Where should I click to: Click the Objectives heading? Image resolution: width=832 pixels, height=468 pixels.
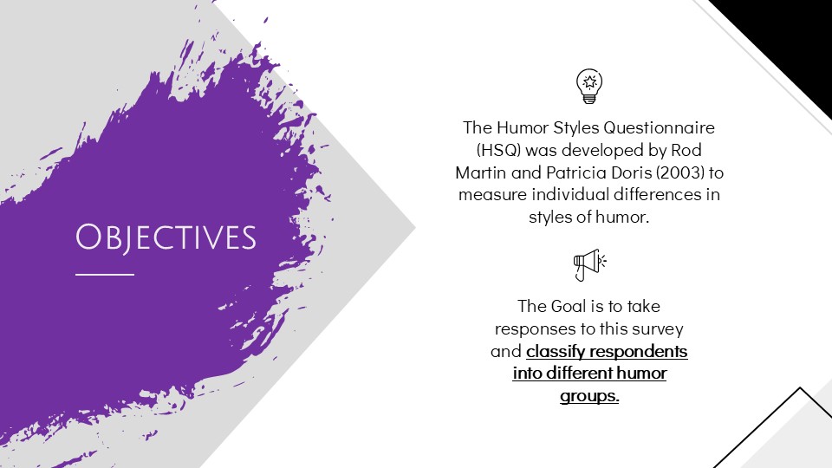coord(166,237)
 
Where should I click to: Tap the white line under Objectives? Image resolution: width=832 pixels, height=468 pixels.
coord(105,275)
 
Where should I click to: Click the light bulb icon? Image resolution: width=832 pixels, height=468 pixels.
coord(589,86)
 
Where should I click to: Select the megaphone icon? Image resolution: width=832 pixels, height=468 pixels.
coord(589,265)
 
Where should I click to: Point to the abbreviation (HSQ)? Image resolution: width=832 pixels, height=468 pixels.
coord(499,150)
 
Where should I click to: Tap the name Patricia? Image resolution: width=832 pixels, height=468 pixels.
coord(576,172)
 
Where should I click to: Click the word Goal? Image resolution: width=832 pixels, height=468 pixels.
coord(569,306)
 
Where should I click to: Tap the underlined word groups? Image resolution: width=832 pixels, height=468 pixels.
coord(589,396)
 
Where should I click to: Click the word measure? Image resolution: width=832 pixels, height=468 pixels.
coord(493,195)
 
